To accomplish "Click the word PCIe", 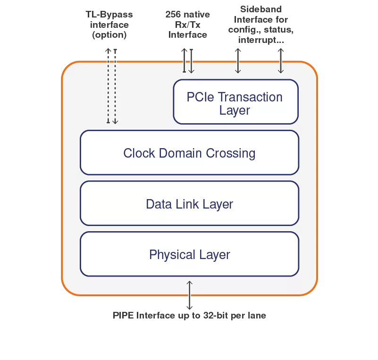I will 201,97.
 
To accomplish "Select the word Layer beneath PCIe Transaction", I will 235,110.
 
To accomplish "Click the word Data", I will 159,204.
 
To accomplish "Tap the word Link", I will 187,204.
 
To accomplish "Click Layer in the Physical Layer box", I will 215,255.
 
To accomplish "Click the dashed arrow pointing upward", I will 108,85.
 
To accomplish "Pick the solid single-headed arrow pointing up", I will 184,60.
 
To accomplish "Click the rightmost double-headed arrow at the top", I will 281,60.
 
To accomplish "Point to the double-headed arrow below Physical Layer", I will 190,295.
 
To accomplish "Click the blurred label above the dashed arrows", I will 110,24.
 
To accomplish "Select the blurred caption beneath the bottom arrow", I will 191,316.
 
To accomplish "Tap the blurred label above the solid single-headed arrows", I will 185,23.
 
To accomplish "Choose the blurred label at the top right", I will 260,23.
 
